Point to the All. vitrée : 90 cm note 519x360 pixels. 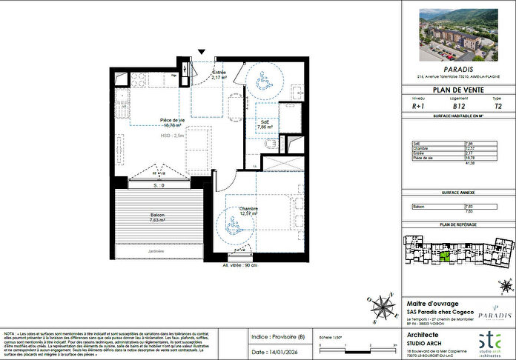pyautogui.click(x=240, y=264)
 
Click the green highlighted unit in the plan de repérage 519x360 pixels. pyautogui.click(x=444, y=258)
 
